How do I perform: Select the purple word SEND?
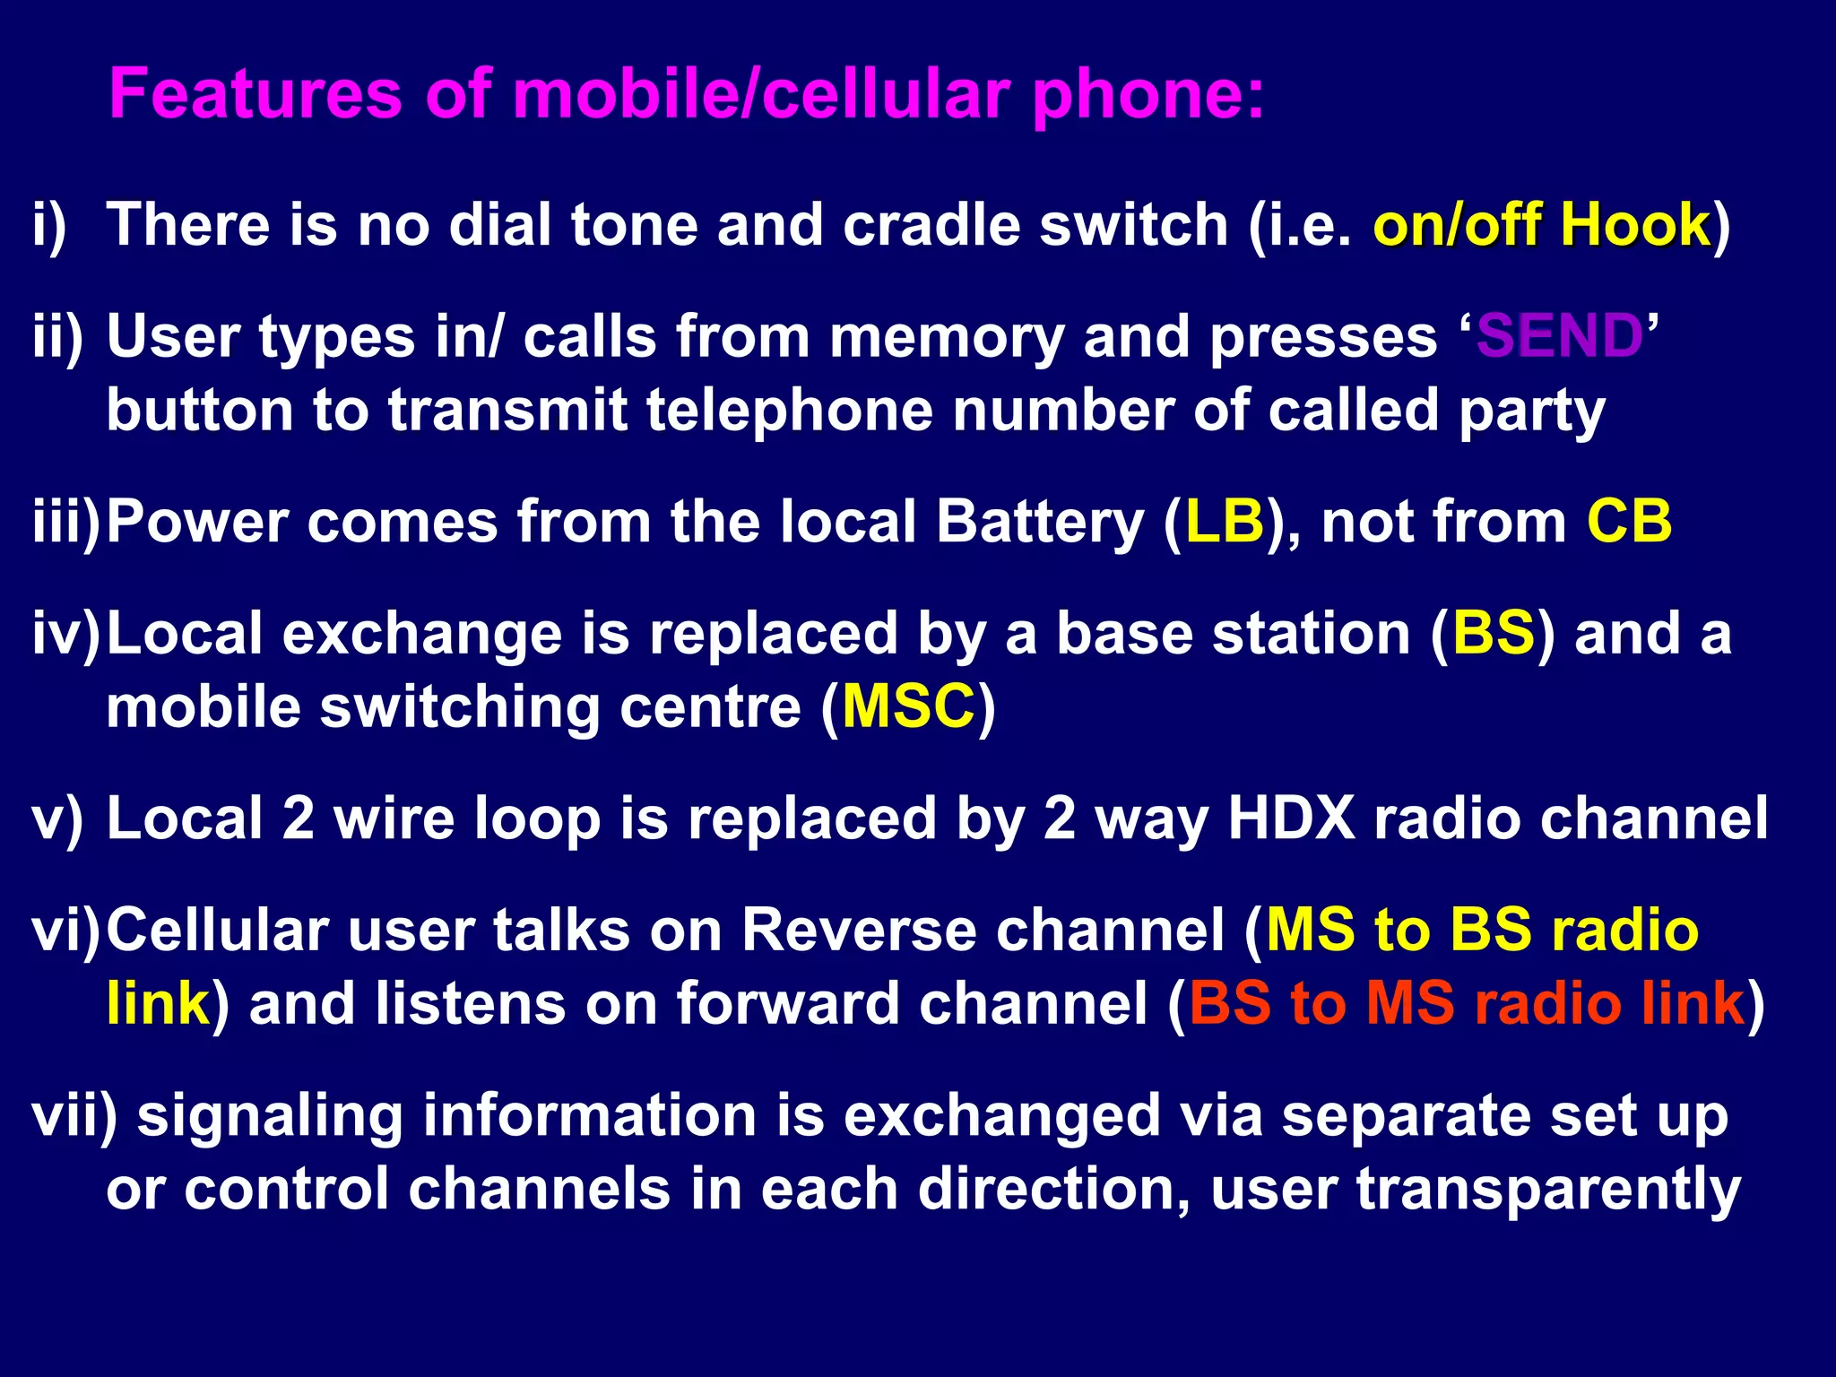pos(1559,336)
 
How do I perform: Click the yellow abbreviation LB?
pos(1225,521)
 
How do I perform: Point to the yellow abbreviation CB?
pos(1629,521)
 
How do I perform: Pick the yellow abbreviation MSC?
pos(908,706)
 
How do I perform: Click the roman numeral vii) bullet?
pos(74,1116)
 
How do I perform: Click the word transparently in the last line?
pos(1548,1190)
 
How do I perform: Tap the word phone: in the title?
pos(1148,95)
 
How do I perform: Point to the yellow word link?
pos(158,1003)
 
